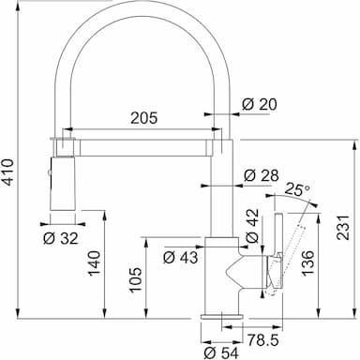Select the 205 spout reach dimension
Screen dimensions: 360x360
(144, 118)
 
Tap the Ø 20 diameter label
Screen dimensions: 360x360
(260, 104)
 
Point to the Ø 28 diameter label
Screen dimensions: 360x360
(262, 175)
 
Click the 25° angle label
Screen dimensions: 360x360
(297, 189)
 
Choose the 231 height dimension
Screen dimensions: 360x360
(343, 227)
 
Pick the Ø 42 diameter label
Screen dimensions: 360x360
(252, 226)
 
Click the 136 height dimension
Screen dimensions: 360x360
(307, 263)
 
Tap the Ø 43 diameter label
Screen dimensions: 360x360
(181, 258)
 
